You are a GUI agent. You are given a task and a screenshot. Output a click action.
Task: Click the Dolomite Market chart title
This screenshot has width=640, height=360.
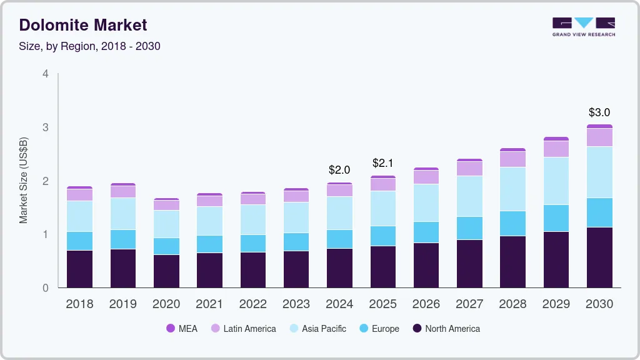pos(83,25)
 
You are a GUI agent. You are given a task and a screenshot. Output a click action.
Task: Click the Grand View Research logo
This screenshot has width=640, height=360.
pos(583,26)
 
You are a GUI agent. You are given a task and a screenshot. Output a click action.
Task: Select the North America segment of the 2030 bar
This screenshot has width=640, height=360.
pos(599,257)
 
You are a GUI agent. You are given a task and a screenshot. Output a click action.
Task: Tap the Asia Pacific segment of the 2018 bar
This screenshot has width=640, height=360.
pos(79,216)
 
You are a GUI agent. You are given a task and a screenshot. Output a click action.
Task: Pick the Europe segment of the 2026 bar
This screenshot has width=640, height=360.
pos(426,232)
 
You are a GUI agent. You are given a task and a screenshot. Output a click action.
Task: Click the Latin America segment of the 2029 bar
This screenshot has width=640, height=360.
pos(556,149)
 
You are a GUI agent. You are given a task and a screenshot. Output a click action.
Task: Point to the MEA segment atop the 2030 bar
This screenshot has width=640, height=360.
pos(599,126)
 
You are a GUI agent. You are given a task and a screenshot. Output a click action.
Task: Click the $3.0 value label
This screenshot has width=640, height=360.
pos(599,112)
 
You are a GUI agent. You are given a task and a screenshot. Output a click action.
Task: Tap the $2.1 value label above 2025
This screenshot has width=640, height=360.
pos(382,163)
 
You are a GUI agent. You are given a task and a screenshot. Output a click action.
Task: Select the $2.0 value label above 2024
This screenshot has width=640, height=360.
pos(339,169)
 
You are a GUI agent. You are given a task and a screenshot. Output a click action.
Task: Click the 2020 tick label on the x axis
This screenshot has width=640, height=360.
pos(166,304)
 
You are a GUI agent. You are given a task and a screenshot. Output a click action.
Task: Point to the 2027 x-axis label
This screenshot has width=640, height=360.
pos(469,304)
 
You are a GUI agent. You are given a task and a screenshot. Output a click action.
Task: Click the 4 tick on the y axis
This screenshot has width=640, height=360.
pos(46,74)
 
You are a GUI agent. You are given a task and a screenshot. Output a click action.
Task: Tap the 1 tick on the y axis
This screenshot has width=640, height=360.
pos(46,234)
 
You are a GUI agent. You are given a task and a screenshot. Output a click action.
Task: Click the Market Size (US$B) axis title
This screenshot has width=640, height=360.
pos(24,181)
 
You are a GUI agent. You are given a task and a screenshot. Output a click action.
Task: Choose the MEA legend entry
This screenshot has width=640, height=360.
pos(182,328)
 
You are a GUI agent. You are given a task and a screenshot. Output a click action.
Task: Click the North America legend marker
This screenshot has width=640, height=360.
pos(416,328)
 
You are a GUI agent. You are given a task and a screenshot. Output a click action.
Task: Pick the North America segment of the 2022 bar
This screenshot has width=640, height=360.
pos(252,269)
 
